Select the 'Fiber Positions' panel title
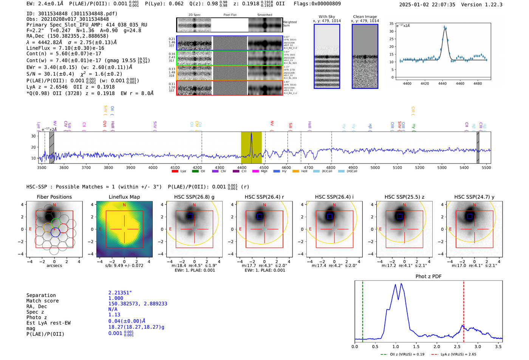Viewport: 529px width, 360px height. pyautogui.click(x=54, y=197)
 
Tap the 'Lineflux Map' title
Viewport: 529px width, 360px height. pyautogui.click(x=124, y=197)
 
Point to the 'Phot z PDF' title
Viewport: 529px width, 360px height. pyautogui.click(x=428, y=277)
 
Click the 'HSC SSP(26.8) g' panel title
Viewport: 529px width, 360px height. pyautogui.click(x=194, y=197)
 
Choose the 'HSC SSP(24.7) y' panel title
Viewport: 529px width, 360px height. pyautogui.click(x=474, y=197)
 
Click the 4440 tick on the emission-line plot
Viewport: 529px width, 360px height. pyautogui.click(x=442, y=83)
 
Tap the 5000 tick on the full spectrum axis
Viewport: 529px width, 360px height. pyautogui.click(x=375, y=167)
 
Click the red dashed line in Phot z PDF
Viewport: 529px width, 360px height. pyautogui.click(x=464, y=310)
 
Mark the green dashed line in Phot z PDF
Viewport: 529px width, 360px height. pyautogui.click(x=363, y=310)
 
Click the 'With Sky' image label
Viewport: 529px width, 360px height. pyautogui.click(x=326, y=17)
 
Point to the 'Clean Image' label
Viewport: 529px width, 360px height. pyautogui.click(x=365, y=17)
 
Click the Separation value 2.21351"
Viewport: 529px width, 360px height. pyautogui.click(x=120, y=293)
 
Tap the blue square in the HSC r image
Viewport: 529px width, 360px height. pyautogui.click(x=259, y=216)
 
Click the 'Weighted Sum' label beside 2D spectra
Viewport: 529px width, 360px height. pyautogui.click(x=289, y=24)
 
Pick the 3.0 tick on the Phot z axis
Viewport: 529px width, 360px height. pyautogui.click(x=478, y=346)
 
